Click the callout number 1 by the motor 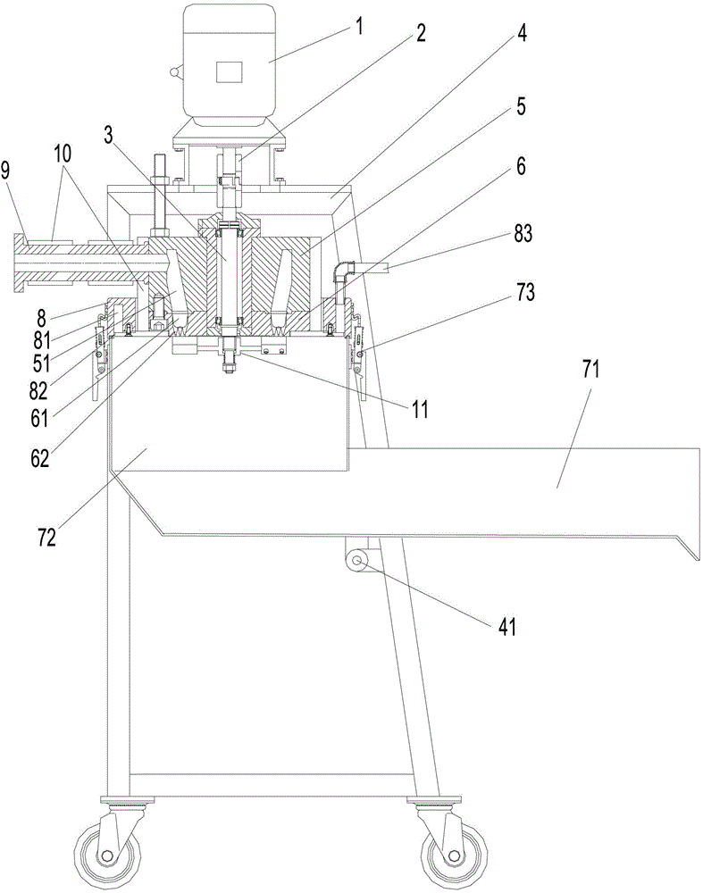point(358,26)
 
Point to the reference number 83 point(523,233)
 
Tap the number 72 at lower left point(47,537)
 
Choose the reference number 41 point(506,627)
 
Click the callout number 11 point(419,409)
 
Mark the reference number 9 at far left point(5,171)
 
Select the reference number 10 point(63,154)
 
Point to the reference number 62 point(40,459)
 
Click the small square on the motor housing point(229,71)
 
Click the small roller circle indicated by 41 point(358,562)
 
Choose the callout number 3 point(109,135)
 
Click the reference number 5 point(521,106)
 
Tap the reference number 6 point(521,166)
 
